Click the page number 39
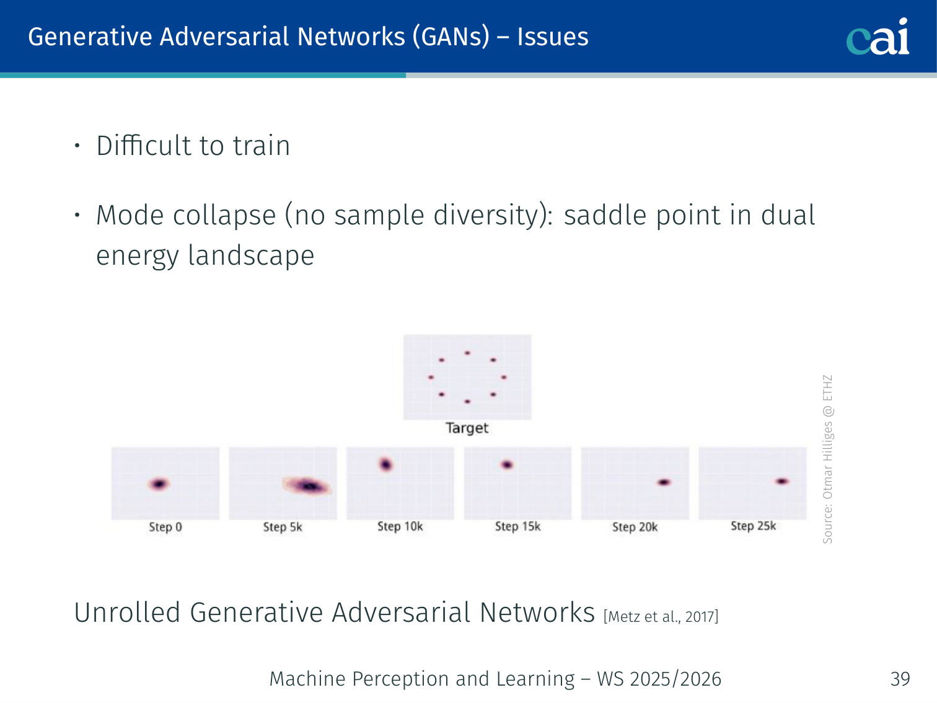900,679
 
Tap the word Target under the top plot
467,428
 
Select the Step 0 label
165,527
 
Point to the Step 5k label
283,527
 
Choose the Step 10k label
400,527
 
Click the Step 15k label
518,527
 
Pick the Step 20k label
635,527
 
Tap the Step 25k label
754,526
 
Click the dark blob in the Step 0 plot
159,484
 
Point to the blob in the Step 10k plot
386,464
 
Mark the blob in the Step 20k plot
664,482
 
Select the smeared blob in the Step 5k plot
307,486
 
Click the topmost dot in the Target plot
467,353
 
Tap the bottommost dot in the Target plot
467,401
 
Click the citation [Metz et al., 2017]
661,617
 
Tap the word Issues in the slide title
553,37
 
